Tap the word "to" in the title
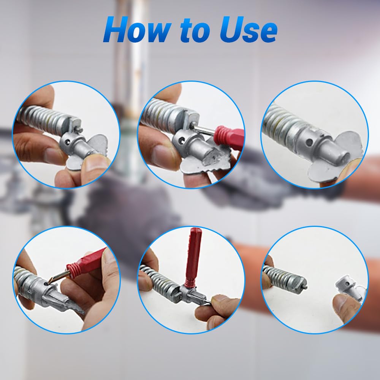pyautogui.click(x=195, y=30)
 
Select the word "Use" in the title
pyautogui.click(x=248, y=30)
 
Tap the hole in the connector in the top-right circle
pyautogui.click(x=309, y=143)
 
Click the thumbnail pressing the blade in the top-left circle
pyautogui.click(x=95, y=165)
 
